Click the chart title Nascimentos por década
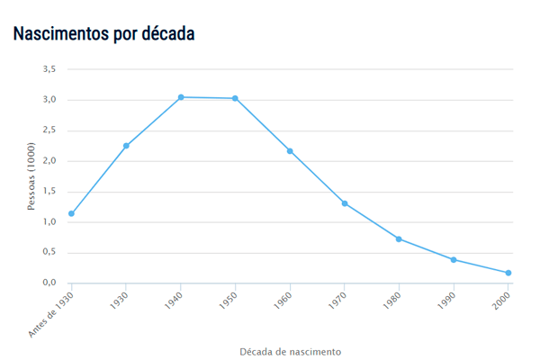(x=103, y=33)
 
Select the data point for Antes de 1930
(x=71, y=213)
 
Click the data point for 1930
(x=126, y=146)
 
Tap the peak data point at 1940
(x=181, y=97)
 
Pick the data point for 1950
(x=235, y=98)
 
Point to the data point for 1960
(x=290, y=151)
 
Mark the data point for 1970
(x=345, y=203)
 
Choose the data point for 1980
(x=399, y=238)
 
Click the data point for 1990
(x=454, y=259)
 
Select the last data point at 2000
(x=508, y=273)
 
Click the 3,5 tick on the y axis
(x=49, y=69)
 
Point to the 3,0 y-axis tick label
(x=49, y=100)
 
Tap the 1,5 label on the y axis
(x=49, y=192)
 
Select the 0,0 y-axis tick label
(x=49, y=283)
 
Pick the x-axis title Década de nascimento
(x=290, y=351)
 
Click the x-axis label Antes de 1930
(x=50, y=313)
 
